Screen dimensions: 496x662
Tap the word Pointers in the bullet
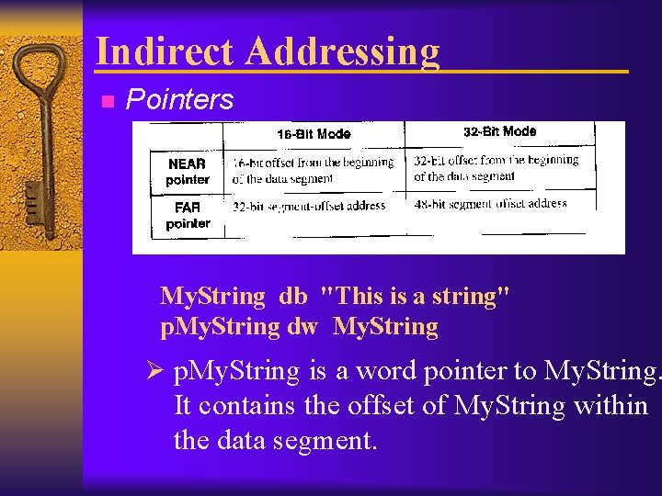[x=180, y=99]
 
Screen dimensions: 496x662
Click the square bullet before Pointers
[x=107, y=101]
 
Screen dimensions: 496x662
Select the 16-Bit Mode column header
[x=314, y=134]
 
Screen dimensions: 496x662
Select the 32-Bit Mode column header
[x=499, y=131]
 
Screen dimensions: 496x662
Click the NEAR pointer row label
[x=188, y=172]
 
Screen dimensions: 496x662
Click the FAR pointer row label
[x=188, y=216]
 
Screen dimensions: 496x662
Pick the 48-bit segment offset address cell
[x=490, y=204]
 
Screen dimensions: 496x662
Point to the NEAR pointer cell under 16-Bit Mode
[x=313, y=170]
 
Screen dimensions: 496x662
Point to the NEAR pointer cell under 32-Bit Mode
[x=496, y=167]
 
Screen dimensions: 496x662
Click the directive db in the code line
[x=293, y=296]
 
